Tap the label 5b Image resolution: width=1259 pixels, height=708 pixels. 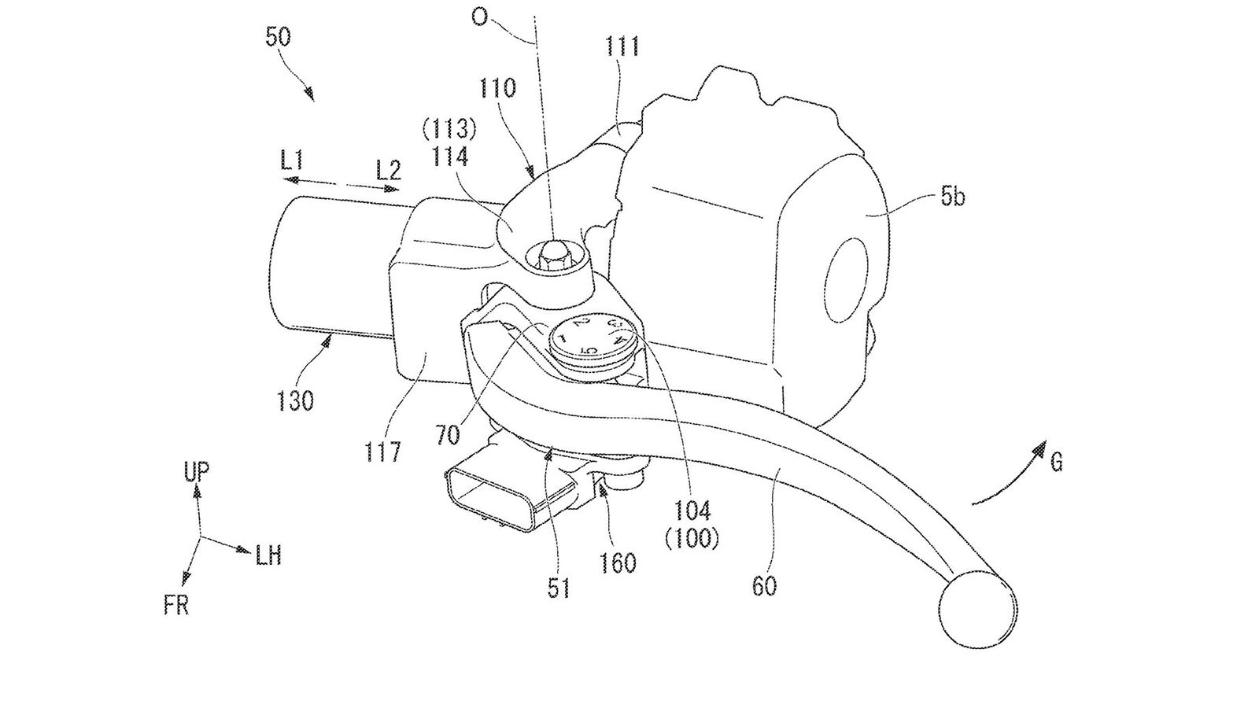tap(952, 197)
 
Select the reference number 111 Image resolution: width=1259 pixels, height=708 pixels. tap(622, 47)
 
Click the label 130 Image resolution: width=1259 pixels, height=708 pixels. tap(295, 400)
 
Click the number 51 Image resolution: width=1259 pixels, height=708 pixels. tap(559, 587)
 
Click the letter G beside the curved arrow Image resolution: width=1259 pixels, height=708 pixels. tap(1056, 463)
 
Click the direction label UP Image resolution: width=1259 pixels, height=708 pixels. tap(196, 471)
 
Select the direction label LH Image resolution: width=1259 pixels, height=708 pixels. tap(268, 556)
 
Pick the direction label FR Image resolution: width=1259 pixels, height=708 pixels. tap(177, 607)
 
